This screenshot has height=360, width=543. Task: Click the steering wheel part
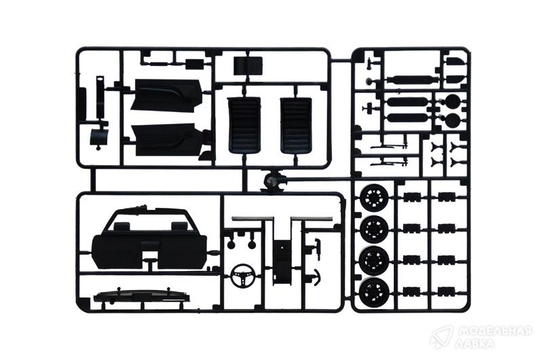pyautogui.click(x=244, y=276)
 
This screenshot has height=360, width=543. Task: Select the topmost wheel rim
pyautogui.click(x=374, y=196)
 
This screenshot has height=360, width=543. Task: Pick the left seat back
pyautogui.click(x=244, y=125)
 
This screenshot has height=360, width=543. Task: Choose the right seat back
pyautogui.click(x=297, y=125)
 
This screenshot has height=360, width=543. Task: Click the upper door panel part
pyautogui.click(x=168, y=95)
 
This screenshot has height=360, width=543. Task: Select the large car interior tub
pyautogui.click(x=149, y=240)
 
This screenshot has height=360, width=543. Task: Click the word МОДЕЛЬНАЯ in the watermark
pyautogui.click(x=495, y=331)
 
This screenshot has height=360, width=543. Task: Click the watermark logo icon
pyautogui.click(x=441, y=336)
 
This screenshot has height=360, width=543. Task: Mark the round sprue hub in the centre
pyautogui.click(x=273, y=180)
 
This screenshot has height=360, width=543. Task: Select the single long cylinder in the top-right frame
pyautogui.click(x=411, y=79)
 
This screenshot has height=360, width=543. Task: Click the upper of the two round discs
pyautogui.click(x=452, y=101)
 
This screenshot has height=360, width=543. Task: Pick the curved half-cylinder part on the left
pyautogui.click(x=98, y=137)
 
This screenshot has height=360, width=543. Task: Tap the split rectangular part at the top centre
pyautogui.click(x=248, y=66)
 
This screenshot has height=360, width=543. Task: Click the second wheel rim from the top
pyautogui.click(x=374, y=228)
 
